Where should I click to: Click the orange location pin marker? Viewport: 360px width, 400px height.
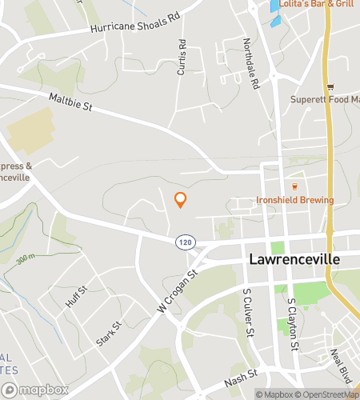(181, 200)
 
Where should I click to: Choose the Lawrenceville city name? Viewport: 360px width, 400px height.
(294, 260)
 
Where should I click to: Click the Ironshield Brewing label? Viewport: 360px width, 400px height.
(294, 199)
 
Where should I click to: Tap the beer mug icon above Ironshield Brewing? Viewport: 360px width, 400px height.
(294, 186)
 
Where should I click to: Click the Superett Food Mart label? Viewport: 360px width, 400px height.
(325, 100)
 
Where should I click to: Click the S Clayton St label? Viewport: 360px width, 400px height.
(293, 325)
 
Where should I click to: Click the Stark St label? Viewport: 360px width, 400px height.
(108, 334)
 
